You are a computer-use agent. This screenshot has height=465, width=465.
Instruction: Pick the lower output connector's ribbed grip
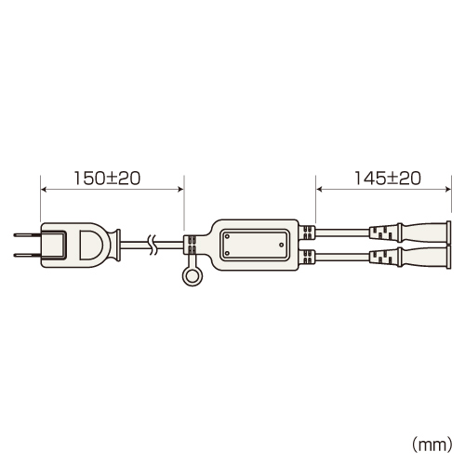[383, 256]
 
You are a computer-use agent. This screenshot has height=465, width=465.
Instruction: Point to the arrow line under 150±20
[112, 189]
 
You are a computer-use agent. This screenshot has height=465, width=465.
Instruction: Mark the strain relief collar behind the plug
[120, 245]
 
